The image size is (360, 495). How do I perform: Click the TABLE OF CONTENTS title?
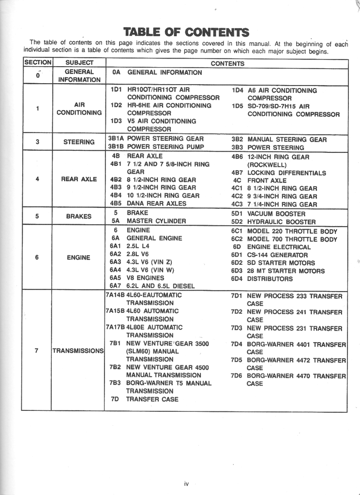click(186, 32)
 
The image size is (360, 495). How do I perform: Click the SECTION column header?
click(37, 63)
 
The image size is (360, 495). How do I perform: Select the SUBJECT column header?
click(79, 63)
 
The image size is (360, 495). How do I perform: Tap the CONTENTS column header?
click(227, 63)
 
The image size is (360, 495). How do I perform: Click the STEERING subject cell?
click(79, 142)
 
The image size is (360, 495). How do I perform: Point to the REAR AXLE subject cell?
click(79, 179)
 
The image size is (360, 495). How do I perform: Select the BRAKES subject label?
click(79, 216)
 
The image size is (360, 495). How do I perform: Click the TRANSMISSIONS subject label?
click(78, 350)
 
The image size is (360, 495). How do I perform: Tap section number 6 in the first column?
click(37, 257)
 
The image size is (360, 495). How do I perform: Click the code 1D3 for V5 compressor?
click(115, 121)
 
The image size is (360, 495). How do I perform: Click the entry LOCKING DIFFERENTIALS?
click(286, 173)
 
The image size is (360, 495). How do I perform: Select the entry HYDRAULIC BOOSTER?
click(281, 222)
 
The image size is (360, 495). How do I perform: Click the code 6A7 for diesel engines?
click(116, 286)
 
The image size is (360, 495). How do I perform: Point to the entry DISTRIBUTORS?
click(270, 278)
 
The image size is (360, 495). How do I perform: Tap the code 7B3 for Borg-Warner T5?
click(115, 383)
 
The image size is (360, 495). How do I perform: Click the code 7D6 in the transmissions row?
click(236, 376)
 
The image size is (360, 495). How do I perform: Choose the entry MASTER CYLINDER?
click(156, 221)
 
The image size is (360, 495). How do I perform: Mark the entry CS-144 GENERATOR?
click(277, 255)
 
